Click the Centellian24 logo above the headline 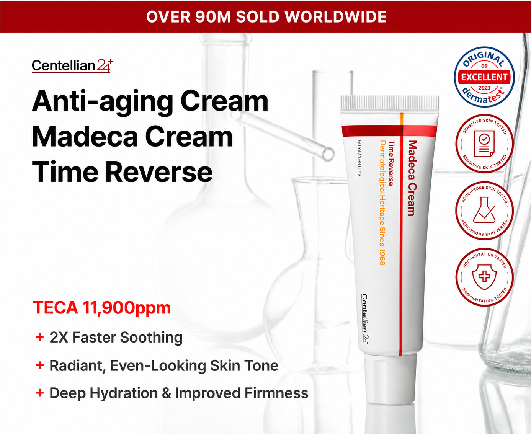tap(72, 66)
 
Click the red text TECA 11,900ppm tap(102, 308)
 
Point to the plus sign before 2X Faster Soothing tap(40, 337)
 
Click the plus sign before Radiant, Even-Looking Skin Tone tap(40, 365)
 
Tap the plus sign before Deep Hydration tap(40, 393)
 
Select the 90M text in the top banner tap(213, 17)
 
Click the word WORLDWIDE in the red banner tap(335, 17)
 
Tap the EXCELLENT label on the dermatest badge tap(484, 77)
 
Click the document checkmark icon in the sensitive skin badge tap(484, 143)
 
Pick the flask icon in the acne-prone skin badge tap(484, 210)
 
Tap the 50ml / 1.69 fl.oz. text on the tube tap(359, 158)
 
